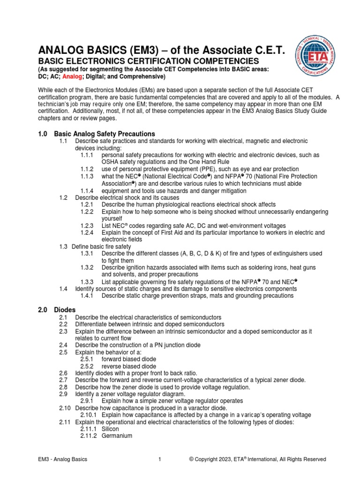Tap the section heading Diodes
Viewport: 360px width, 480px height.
click(x=65, y=310)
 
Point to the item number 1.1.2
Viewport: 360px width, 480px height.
click(x=87, y=169)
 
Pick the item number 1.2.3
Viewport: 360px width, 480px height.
click(x=87, y=225)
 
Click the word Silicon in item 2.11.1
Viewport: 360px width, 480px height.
click(x=110, y=429)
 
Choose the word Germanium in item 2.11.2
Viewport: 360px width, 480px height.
click(x=117, y=436)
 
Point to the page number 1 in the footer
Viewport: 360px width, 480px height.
click(x=160, y=459)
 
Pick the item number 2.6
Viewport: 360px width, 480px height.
click(x=64, y=373)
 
